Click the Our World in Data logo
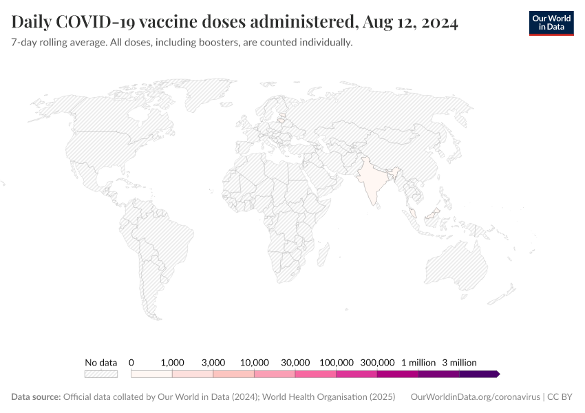click(x=551, y=23)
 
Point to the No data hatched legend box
click(x=101, y=374)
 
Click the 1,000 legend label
click(x=172, y=362)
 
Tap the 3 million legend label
click(x=459, y=362)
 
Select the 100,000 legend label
click(x=337, y=362)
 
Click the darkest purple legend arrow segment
click(x=479, y=374)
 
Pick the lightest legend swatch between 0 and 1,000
click(x=151, y=374)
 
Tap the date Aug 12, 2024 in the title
click(x=410, y=23)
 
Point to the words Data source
click(x=36, y=397)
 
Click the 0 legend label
click(x=131, y=362)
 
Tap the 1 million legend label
click(x=418, y=362)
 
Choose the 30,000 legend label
click(x=296, y=362)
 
